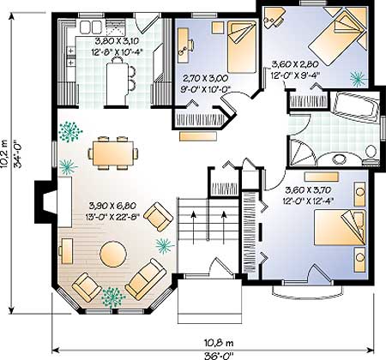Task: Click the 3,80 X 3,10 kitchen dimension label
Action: coord(117,41)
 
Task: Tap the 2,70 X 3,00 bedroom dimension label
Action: coord(205,78)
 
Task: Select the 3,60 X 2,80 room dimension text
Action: coord(294,63)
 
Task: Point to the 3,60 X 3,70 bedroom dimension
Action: coord(308,189)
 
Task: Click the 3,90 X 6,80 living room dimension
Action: coord(112,205)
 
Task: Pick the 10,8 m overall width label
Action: coord(219,342)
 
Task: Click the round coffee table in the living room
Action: coord(113,254)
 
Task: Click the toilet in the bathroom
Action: coord(371,154)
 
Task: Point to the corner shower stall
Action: coord(302,153)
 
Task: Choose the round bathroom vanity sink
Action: coord(340,159)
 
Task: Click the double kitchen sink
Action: coord(90,27)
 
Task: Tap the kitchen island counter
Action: coord(118,84)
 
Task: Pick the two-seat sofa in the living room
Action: coord(146,279)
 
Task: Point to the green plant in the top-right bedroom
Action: coord(358,78)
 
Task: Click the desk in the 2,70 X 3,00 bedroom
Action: coord(184,45)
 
